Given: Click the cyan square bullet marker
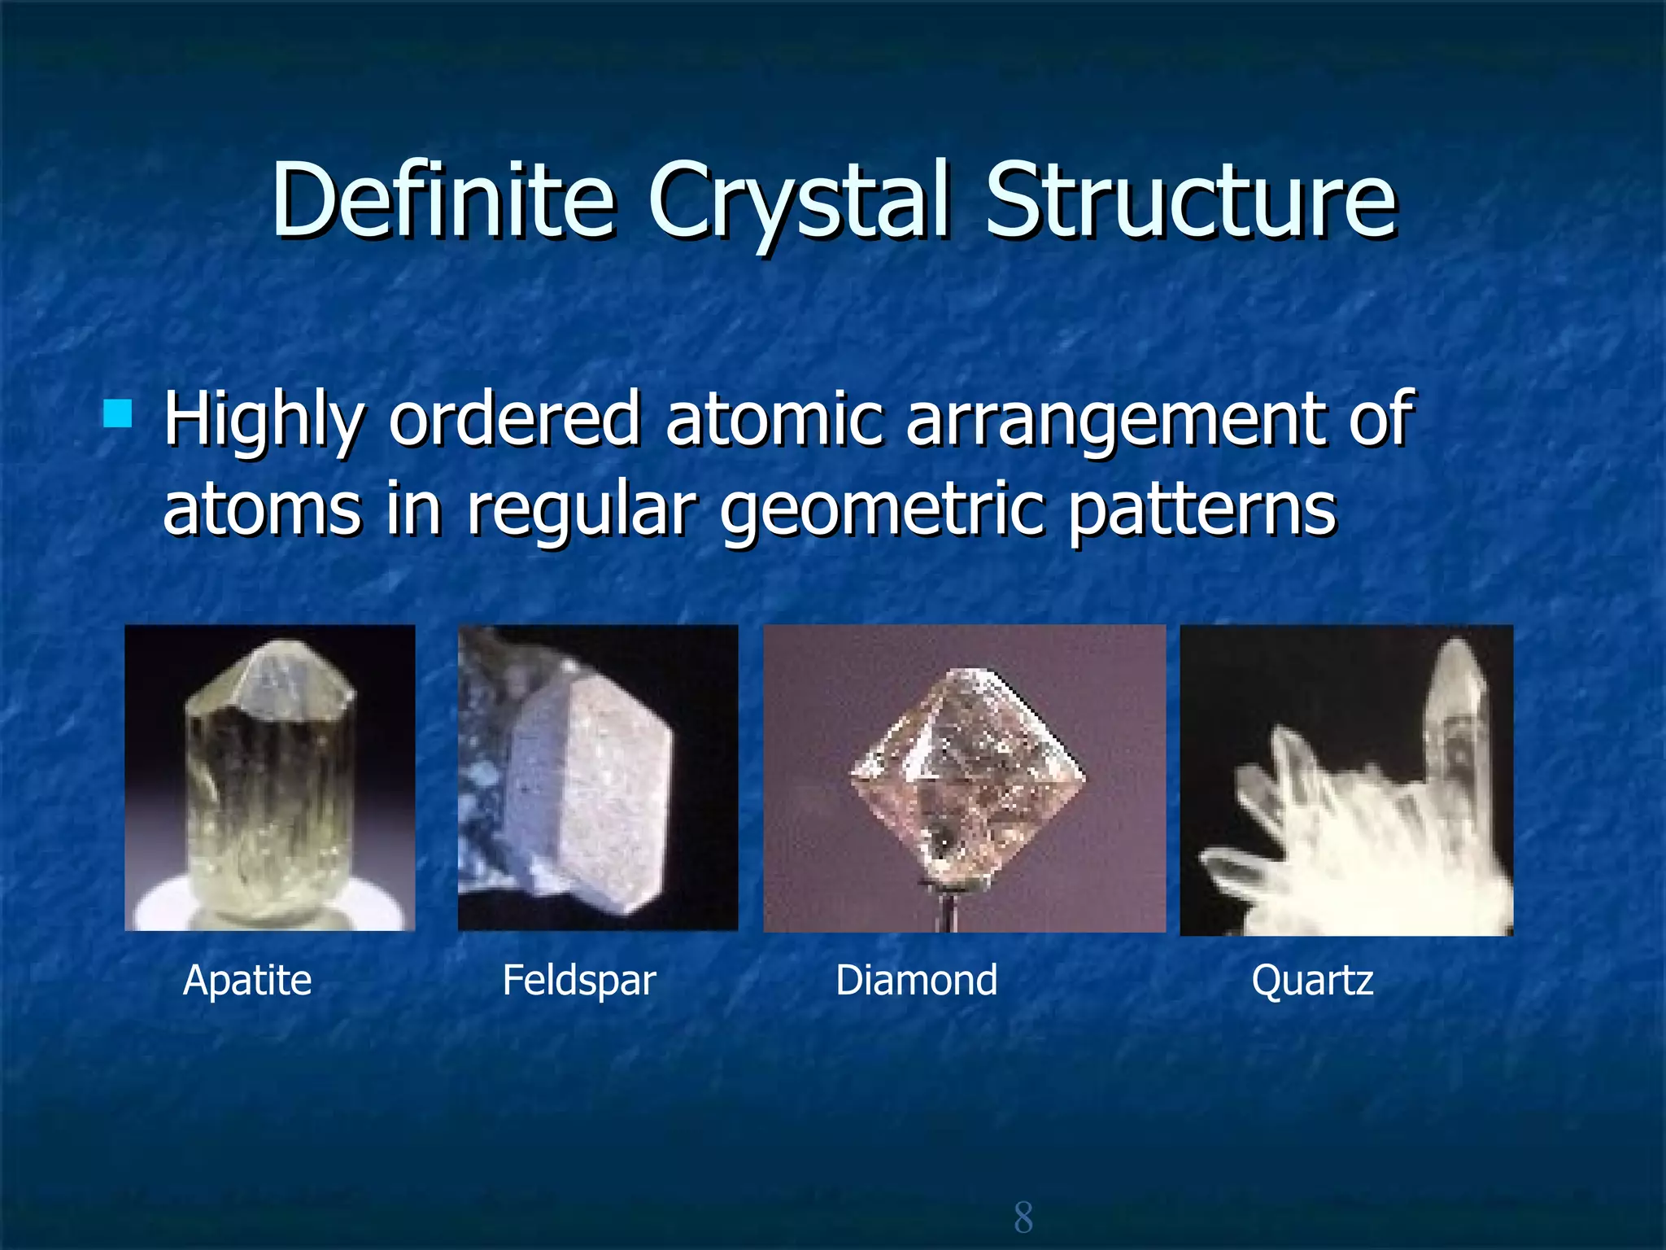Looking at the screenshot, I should tap(118, 413).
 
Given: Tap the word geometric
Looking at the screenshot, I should tap(882, 510).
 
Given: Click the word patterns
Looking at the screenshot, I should tap(1202, 510).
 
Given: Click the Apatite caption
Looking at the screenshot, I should tap(247, 980).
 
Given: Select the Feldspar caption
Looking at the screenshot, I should tap(578, 980).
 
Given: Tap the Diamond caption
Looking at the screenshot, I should tap(916, 980).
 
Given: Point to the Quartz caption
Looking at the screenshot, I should tap(1312, 980).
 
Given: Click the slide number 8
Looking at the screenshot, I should tap(1023, 1218).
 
